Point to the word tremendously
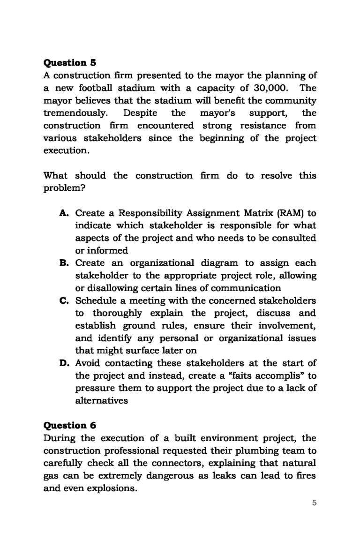[x=75, y=113]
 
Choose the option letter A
[x=65, y=213]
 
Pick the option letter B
[x=65, y=263]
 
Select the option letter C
[x=65, y=300]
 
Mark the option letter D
[x=65, y=363]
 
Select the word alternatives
[x=101, y=401]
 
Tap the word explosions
[x=111, y=488]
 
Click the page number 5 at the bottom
[x=314, y=503]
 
